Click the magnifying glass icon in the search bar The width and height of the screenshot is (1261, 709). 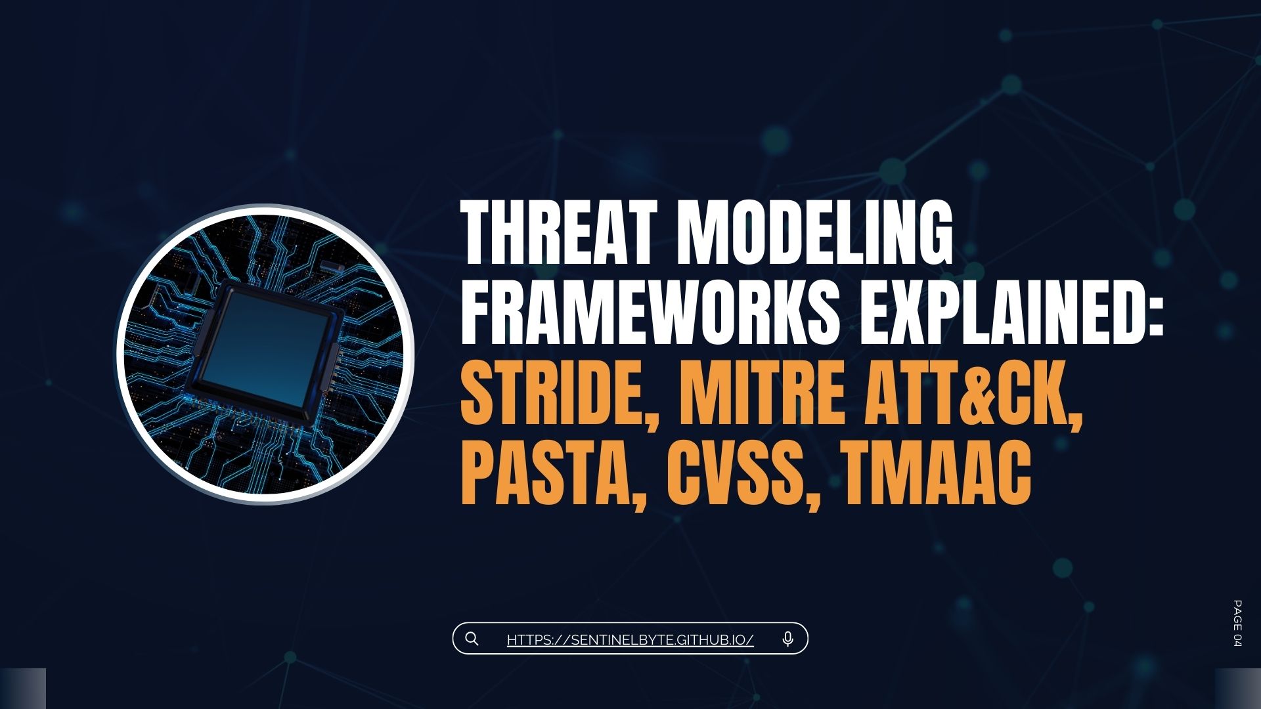tap(472, 639)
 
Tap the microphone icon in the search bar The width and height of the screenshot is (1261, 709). tap(788, 639)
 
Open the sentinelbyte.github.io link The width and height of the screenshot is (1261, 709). tap(630, 639)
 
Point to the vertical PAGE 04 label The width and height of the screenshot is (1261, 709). tap(1237, 623)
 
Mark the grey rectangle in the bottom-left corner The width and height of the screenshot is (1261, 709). tap(23, 689)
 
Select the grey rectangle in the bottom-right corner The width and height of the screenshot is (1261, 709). tap(1238, 689)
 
